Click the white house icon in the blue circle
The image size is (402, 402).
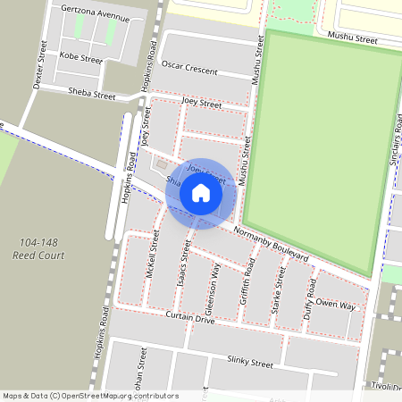pyautogui.click(x=201, y=192)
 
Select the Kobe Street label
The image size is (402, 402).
pyautogui.click(x=80, y=58)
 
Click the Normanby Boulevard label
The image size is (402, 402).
pyautogui.click(x=269, y=245)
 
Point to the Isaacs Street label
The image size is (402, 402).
pyautogui.click(x=184, y=265)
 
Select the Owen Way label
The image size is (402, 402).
pyautogui.click(x=339, y=306)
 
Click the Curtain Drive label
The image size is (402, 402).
pyautogui.click(x=190, y=318)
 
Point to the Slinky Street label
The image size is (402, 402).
pyautogui.click(x=249, y=363)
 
